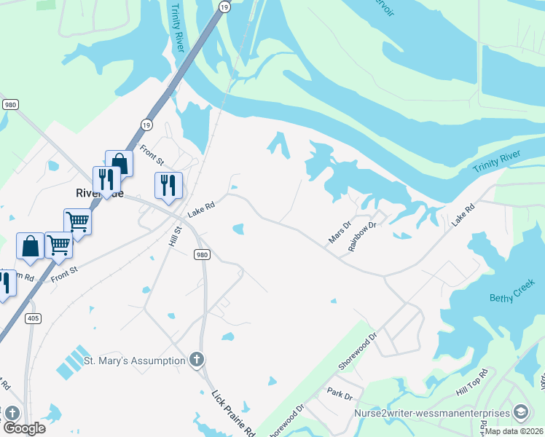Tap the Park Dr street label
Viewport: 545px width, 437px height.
click(x=340, y=396)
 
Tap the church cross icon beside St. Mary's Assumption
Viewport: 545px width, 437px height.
click(x=196, y=359)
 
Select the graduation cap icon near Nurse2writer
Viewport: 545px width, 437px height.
click(x=521, y=413)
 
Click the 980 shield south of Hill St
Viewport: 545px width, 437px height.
click(x=203, y=254)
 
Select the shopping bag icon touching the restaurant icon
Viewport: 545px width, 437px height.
click(x=119, y=163)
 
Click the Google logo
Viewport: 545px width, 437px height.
click(x=23, y=428)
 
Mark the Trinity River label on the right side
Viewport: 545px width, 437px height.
click(x=497, y=162)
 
